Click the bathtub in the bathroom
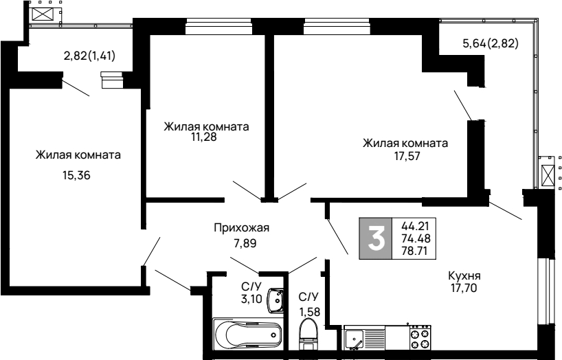(247, 334)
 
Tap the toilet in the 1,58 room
(308, 334)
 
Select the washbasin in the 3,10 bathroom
(275, 301)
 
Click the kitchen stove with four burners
(420, 338)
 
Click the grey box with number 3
(376, 238)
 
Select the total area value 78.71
(415, 251)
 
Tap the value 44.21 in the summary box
(415, 226)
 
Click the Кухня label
(464, 276)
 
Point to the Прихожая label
(242, 227)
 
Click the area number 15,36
(76, 176)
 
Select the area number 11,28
(203, 137)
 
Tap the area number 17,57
(407, 156)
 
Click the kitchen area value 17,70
(464, 288)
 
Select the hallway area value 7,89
(245, 244)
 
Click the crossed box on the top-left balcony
(43, 14)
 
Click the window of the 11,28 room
(218, 26)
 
